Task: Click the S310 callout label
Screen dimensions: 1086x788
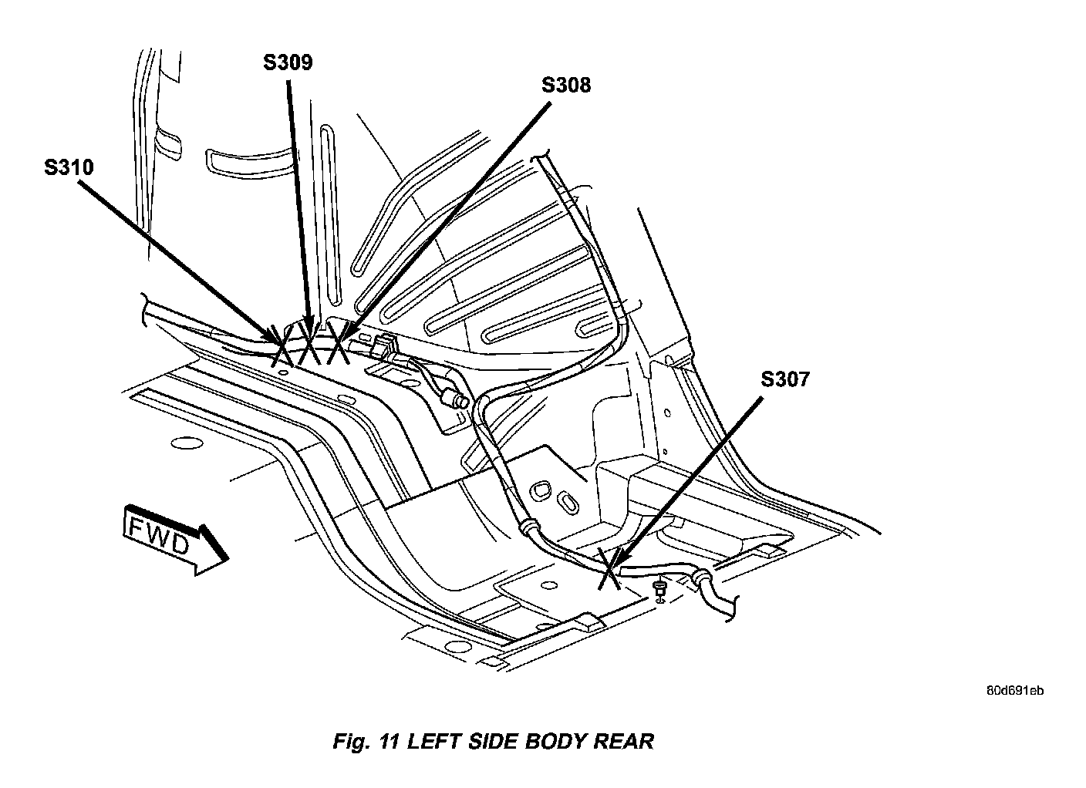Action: [x=69, y=167]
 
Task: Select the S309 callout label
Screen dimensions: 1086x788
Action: [x=288, y=62]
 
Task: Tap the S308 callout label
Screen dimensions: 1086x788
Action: [x=566, y=85]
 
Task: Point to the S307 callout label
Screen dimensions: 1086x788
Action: [x=785, y=379]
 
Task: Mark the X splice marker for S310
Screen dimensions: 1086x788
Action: [x=282, y=345]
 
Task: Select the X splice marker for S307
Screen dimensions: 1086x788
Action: [x=609, y=569]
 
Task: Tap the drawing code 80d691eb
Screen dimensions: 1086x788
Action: [x=1015, y=691]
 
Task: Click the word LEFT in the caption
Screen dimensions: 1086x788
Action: [x=434, y=742]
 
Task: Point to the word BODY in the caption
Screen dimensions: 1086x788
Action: [x=555, y=742]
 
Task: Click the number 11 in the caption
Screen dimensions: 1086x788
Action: [x=389, y=742]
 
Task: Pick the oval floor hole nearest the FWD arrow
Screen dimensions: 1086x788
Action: [x=187, y=443]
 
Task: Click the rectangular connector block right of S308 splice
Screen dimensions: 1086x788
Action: [x=384, y=346]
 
